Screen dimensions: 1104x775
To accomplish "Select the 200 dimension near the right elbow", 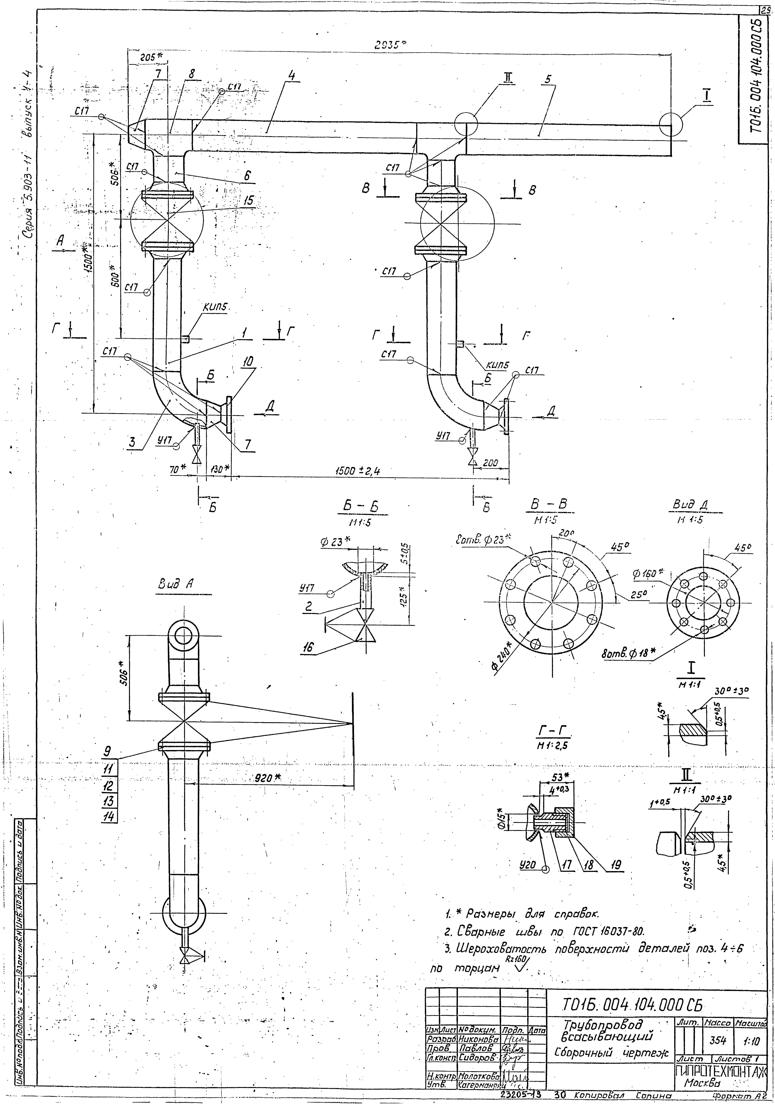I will click(x=491, y=463).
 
